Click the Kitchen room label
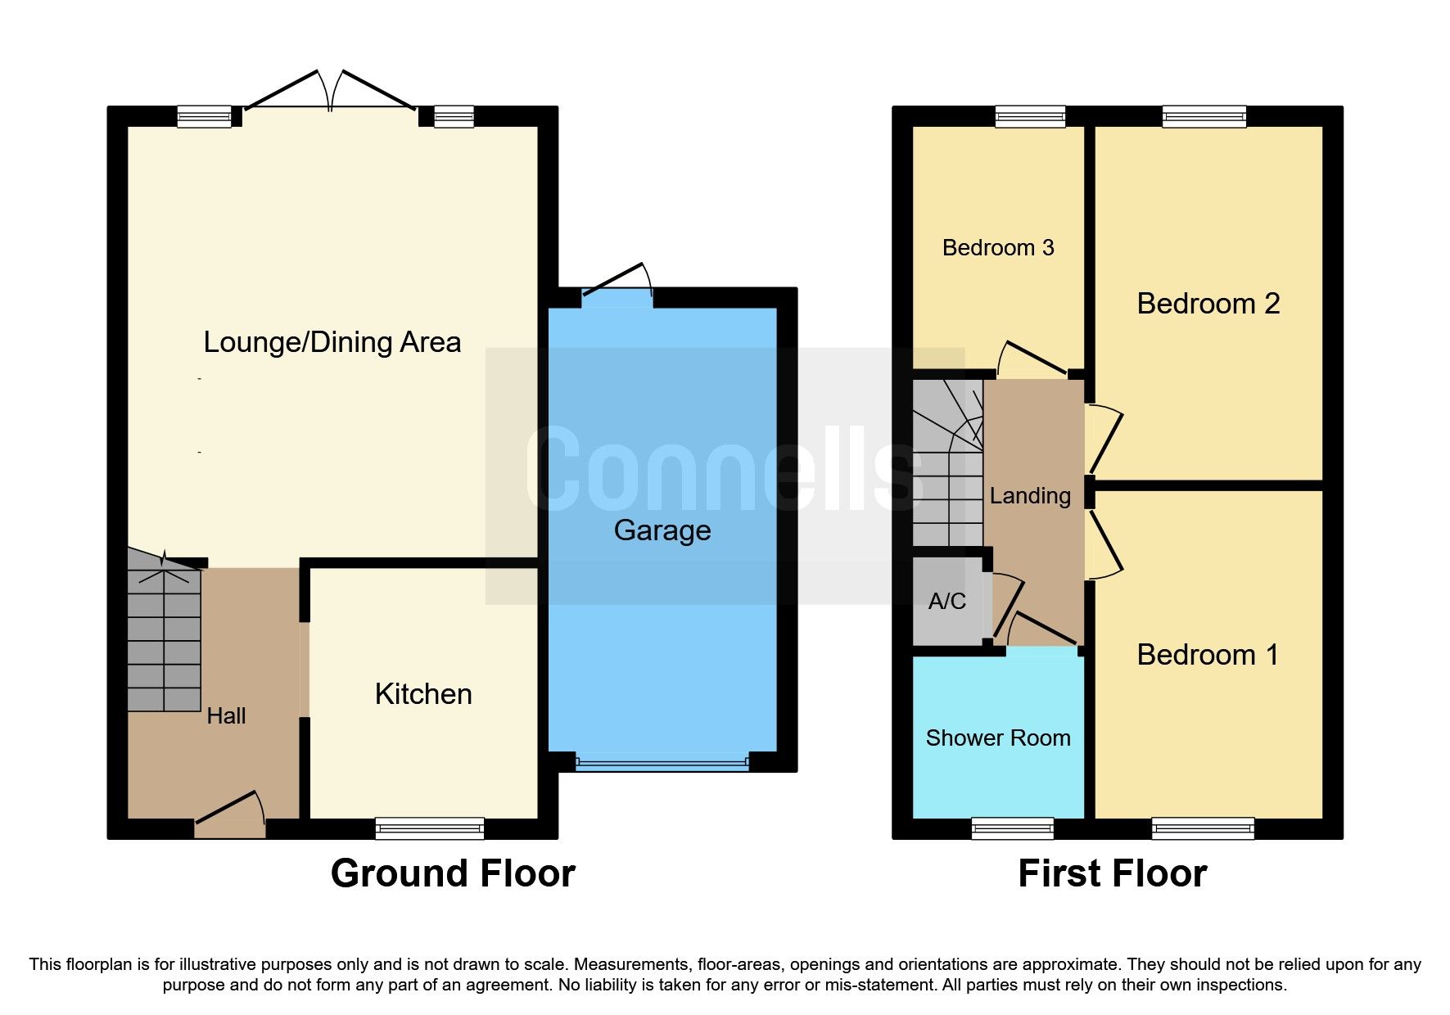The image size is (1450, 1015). pyautogui.click(x=423, y=694)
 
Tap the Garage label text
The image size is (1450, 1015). pyautogui.click(x=662, y=530)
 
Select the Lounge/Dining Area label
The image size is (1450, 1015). pyautogui.click(x=332, y=342)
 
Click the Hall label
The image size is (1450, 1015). pyautogui.click(x=226, y=716)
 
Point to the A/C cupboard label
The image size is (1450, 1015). pyautogui.click(x=946, y=602)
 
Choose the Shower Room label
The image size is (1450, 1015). pyautogui.click(x=997, y=738)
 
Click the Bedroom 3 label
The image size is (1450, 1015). pyautogui.click(x=997, y=248)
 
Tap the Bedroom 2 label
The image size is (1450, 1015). pyautogui.click(x=1208, y=304)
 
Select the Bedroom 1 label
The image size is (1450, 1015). pyautogui.click(x=1207, y=655)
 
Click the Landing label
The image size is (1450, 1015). pyautogui.click(x=1029, y=496)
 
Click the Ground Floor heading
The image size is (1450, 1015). pyautogui.click(x=453, y=873)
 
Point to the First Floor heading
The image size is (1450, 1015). pyautogui.click(x=1112, y=873)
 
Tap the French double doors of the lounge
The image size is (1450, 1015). pyautogui.click(x=330, y=94)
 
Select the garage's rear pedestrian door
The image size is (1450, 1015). pyautogui.click(x=617, y=286)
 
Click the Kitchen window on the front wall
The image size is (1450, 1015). pyautogui.click(x=429, y=828)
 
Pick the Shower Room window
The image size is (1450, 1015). pyautogui.click(x=1012, y=828)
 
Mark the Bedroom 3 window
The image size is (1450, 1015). pyautogui.click(x=1030, y=116)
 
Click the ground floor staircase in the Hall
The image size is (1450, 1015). pyautogui.click(x=164, y=638)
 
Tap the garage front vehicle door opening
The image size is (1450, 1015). pyautogui.click(x=662, y=763)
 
